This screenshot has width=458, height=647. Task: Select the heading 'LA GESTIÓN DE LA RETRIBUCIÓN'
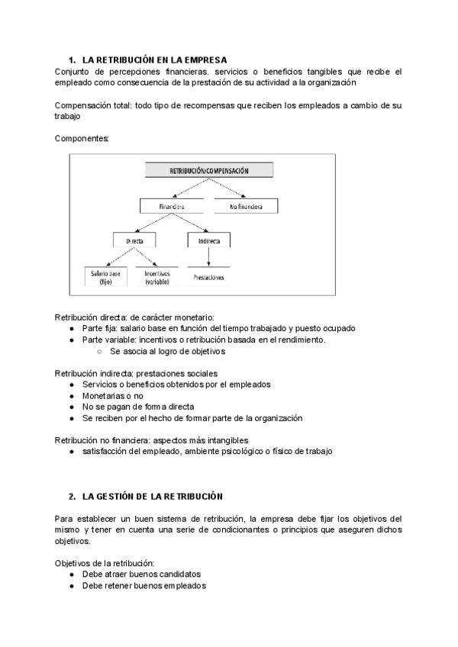pyautogui.click(x=152, y=496)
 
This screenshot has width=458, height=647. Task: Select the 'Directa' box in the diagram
pyautogui.click(x=134, y=240)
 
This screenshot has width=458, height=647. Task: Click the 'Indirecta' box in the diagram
pyautogui.click(x=208, y=240)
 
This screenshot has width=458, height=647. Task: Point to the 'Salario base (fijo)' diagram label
pyautogui.click(x=105, y=277)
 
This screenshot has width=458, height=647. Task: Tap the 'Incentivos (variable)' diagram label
pyautogui.click(x=156, y=277)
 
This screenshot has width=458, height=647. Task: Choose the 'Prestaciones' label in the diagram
pyautogui.click(x=208, y=278)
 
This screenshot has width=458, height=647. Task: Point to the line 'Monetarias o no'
pyautogui.click(x=112, y=396)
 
